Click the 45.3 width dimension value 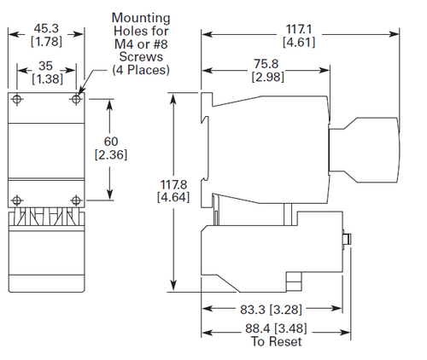tap(46, 28)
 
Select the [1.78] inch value tap(46, 42)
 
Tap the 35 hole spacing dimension tap(45, 66)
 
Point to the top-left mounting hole tap(17, 99)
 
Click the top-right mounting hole tap(76, 99)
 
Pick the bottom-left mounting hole tap(17, 200)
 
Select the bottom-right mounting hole tap(76, 200)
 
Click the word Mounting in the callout tap(141, 19)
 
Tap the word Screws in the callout tap(141, 56)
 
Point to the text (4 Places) tap(141, 70)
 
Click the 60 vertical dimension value tap(111, 142)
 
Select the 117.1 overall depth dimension tap(299, 29)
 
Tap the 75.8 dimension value tap(266, 64)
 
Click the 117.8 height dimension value tap(173, 184)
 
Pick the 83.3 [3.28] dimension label tap(271, 310)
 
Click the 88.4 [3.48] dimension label tap(276, 328)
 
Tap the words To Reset tap(276, 341)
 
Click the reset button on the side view tap(347, 239)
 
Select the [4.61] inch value tap(299, 43)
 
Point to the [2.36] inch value tap(111, 154)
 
